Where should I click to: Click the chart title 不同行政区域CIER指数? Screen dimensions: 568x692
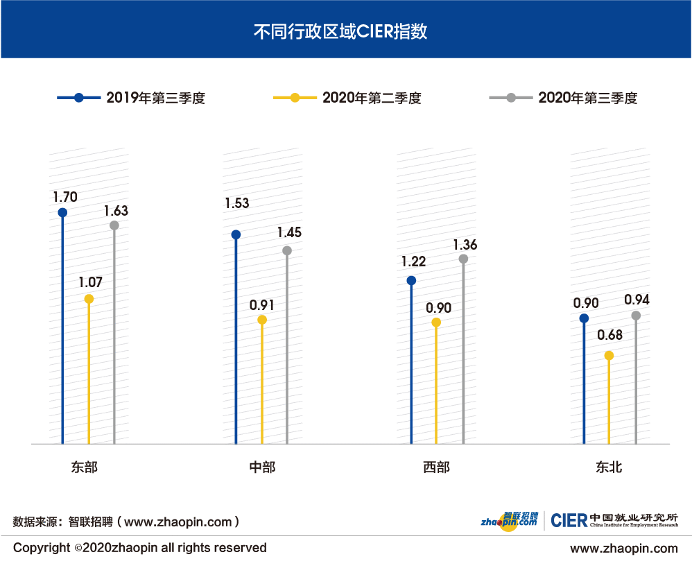coord(345,31)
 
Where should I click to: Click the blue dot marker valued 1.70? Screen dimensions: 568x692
coord(62,212)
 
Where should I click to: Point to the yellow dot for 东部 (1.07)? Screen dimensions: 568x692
coord(89,299)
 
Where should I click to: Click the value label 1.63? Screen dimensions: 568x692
coord(116,210)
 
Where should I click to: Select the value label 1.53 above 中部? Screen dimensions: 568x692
coord(236,203)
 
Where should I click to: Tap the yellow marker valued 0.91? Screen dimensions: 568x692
coord(261,320)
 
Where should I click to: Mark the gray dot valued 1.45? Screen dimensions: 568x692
coord(287,250)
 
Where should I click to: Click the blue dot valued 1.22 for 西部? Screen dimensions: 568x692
coord(411,281)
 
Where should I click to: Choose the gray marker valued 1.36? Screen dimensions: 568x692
coord(463,259)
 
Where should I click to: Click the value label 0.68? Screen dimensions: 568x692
coord(609,335)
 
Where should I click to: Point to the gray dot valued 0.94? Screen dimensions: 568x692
coord(636,316)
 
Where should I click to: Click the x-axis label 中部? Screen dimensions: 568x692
coord(262,467)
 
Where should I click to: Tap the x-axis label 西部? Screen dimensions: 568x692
coord(436,467)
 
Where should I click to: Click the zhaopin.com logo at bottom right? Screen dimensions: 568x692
coord(510,520)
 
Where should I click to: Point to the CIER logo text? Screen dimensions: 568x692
coord(569,520)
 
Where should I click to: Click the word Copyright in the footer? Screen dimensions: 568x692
coord(42,548)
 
